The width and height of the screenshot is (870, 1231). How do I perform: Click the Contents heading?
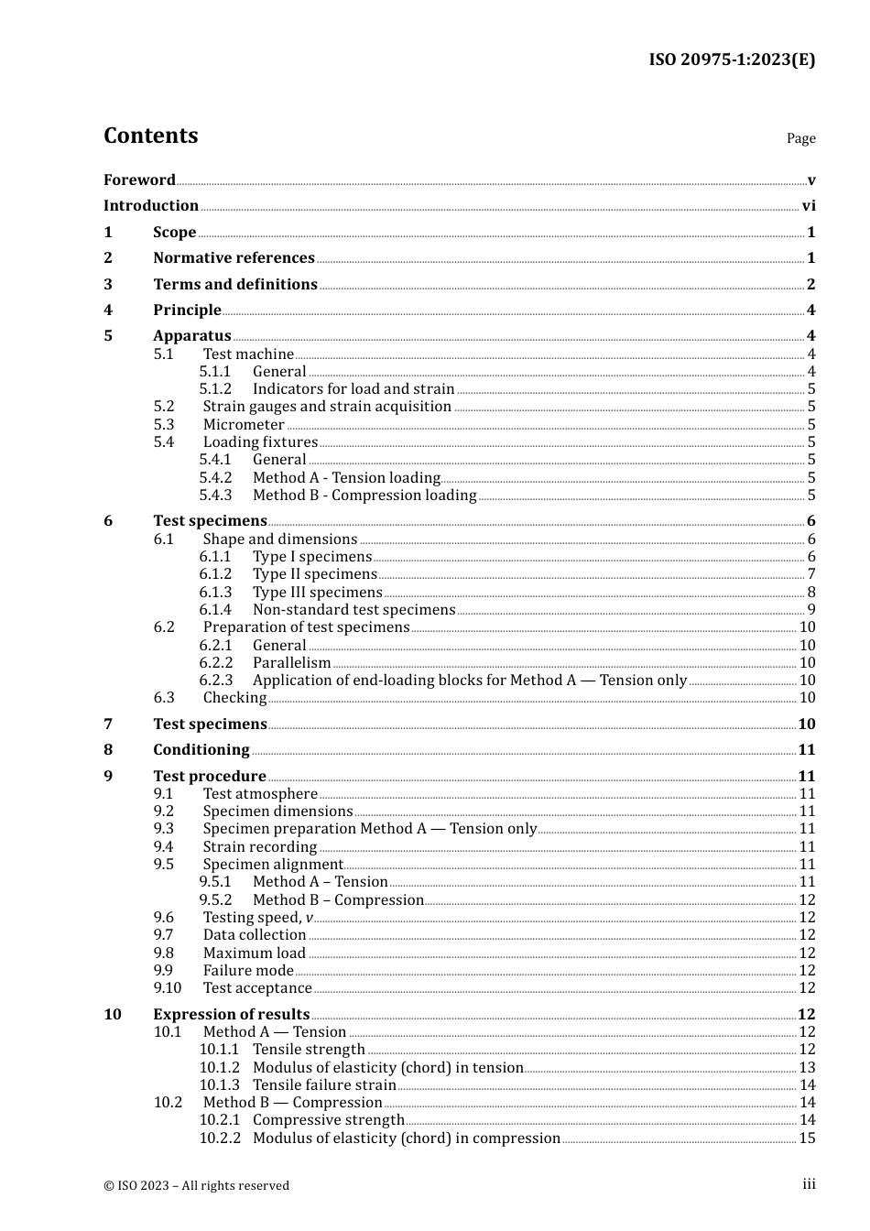[150, 136]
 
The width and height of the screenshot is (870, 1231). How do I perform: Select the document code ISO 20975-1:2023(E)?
[732, 60]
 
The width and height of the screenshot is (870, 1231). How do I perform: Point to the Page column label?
[800, 138]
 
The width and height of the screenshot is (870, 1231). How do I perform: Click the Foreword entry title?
[139, 180]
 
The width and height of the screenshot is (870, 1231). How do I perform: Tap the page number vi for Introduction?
[809, 206]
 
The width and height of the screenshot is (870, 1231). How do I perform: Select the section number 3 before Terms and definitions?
[108, 285]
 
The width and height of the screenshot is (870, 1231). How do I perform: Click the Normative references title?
[234, 258]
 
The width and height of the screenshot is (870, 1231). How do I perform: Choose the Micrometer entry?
[244, 425]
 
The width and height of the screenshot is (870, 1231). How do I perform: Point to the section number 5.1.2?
[215, 389]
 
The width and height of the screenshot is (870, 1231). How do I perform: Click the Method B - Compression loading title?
[364, 496]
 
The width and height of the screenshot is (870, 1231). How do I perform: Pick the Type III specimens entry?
[317, 593]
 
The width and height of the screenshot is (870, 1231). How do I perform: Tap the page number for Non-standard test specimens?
[810, 610]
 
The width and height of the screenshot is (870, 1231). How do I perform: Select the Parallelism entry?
[291, 663]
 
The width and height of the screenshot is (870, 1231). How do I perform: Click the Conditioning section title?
[201, 750]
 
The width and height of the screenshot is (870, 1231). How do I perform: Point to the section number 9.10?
[168, 988]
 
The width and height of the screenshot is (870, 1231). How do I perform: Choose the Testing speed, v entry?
[257, 918]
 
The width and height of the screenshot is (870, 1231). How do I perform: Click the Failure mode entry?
[248, 971]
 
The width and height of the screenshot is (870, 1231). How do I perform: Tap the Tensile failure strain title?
[324, 1085]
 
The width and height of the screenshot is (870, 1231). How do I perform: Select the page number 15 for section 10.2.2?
[807, 1138]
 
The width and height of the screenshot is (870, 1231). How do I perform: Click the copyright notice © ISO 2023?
[196, 1185]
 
